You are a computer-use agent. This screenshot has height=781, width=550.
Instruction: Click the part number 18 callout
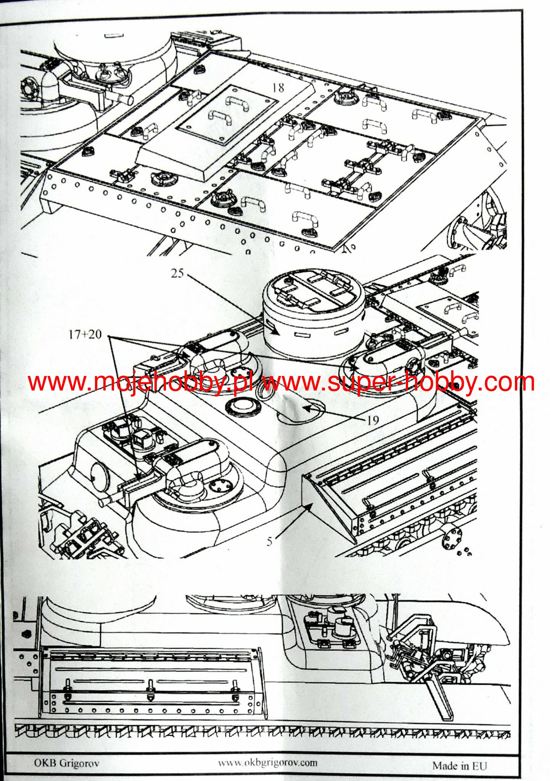click(278, 88)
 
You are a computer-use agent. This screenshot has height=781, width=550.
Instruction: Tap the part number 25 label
click(177, 273)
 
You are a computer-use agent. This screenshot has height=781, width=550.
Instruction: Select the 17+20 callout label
click(85, 334)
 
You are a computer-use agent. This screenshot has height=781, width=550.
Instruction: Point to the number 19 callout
click(373, 420)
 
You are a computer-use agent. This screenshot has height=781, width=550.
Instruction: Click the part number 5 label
click(270, 541)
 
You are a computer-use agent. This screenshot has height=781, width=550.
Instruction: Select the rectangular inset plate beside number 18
click(228, 114)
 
